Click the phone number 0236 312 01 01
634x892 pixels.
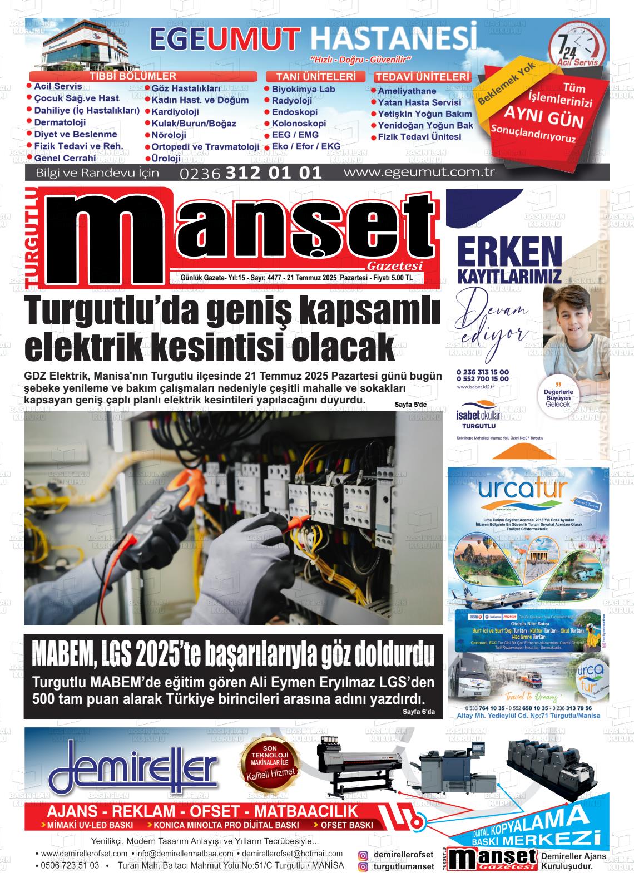251,173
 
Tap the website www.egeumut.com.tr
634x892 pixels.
419,172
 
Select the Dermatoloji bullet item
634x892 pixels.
60,122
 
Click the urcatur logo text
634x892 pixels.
522,490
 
